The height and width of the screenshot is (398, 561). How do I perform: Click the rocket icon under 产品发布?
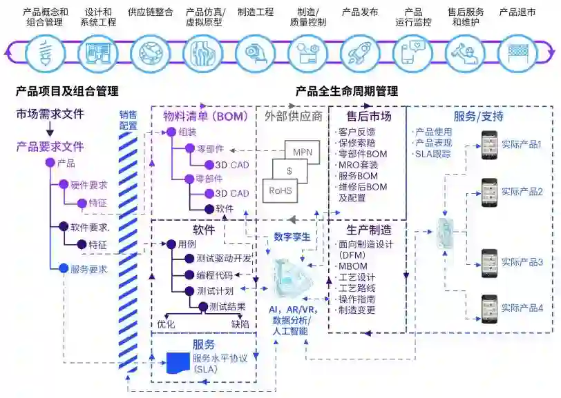(359, 52)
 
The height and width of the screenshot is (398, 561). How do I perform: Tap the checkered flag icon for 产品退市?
(517, 52)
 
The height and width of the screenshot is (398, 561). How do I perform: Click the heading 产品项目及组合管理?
(66, 90)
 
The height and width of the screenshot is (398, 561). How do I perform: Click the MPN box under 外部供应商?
(302, 152)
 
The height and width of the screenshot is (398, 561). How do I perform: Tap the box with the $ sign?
(290, 170)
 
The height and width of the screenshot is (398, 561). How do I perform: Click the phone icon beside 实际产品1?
(489, 146)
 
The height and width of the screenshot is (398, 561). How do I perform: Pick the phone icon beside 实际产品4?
(489, 308)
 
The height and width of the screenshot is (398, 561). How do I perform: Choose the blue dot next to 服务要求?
(64, 268)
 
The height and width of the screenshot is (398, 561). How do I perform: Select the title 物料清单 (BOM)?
(205, 117)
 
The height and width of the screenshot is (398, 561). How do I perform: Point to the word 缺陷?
(240, 323)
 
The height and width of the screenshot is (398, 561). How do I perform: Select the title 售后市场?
(369, 117)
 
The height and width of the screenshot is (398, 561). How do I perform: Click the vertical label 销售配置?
(128, 120)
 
